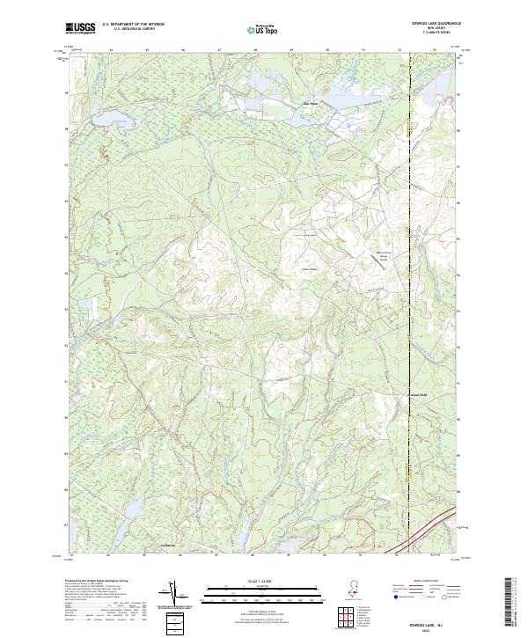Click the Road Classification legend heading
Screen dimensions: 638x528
(429, 582)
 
